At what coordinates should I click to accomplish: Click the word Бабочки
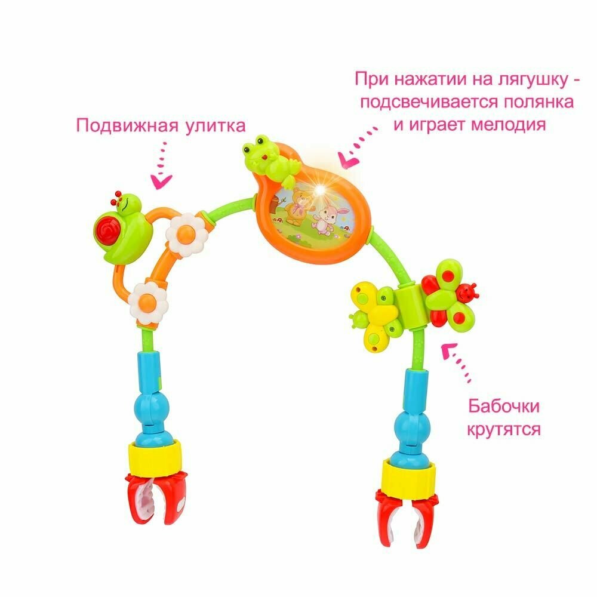[x=503, y=407]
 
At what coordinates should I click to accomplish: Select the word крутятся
[x=503, y=429]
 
